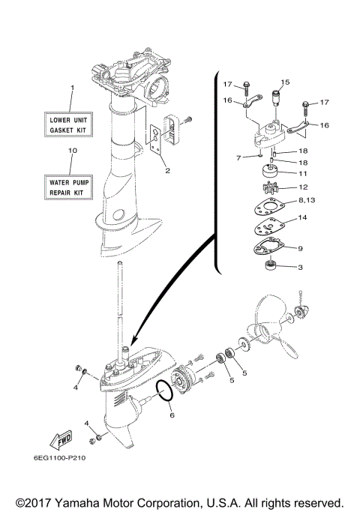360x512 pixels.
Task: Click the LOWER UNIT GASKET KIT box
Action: (71, 124)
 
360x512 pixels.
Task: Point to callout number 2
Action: (168, 171)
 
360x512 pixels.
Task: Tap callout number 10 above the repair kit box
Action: (72, 151)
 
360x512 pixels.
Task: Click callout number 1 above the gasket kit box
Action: (72, 88)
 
